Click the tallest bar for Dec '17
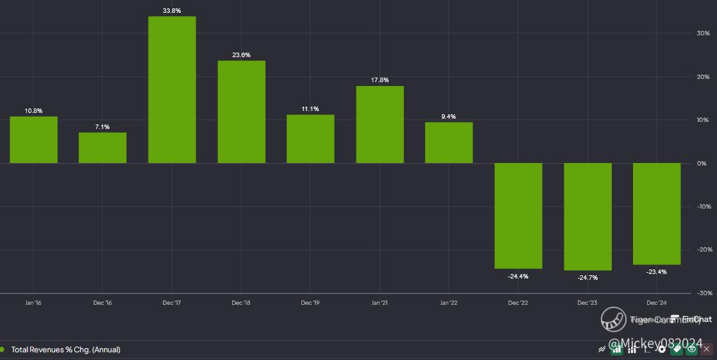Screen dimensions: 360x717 click(172, 90)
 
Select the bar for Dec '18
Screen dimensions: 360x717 click(241, 112)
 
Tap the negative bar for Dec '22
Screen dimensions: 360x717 click(518, 216)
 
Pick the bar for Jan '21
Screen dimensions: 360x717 click(380, 124)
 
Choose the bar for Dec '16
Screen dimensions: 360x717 click(103, 148)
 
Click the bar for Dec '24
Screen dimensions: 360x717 click(657, 214)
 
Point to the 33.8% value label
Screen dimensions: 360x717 click(172, 11)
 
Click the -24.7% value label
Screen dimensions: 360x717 click(587, 278)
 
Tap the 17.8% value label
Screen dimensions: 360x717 click(380, 80)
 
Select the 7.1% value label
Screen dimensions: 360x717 click(103, 127)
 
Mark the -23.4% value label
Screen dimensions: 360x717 click(657, 272)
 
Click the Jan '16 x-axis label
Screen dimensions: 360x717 click(33, 303)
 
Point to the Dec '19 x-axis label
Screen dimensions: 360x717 click(310, 303)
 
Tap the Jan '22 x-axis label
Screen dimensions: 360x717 click(449, 303)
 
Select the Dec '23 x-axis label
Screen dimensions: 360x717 click(587, 303)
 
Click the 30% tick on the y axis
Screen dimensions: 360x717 click(703, 33)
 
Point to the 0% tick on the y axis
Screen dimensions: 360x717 click(702, 164)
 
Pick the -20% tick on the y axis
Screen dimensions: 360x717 click(703, 250)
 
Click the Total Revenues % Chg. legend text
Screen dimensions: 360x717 click(65, 350)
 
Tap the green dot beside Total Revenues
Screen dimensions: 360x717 click(2, 350)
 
